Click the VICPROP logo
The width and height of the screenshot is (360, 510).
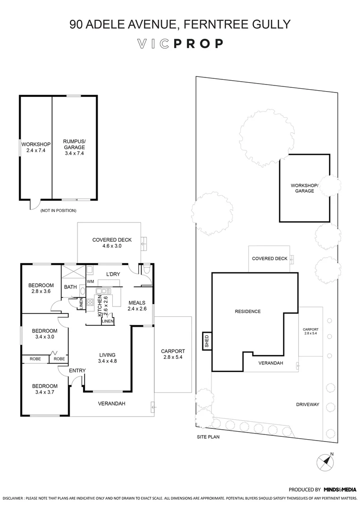point(180,44)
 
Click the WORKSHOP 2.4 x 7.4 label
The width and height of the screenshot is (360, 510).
point(36,147)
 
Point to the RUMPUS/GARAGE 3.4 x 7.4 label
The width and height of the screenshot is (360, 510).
point(73,147)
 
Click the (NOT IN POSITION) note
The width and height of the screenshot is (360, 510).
point(58,210)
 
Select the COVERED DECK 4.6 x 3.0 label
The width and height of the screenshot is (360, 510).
point(111,243)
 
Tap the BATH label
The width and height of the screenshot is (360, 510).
point(70,287)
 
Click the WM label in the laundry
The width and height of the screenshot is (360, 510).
point(90,281)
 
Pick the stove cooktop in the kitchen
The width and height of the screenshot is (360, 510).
point(90,303)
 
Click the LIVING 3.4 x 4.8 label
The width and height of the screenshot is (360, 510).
point(107,357)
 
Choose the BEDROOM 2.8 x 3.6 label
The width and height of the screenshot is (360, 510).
point(41,288)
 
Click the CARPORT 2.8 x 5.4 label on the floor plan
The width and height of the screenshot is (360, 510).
point(172,354)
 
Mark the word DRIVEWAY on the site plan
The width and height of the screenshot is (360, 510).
point(308,405)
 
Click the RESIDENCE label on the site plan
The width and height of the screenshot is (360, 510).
point(248,312)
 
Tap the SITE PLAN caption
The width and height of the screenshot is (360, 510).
point(208,437)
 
